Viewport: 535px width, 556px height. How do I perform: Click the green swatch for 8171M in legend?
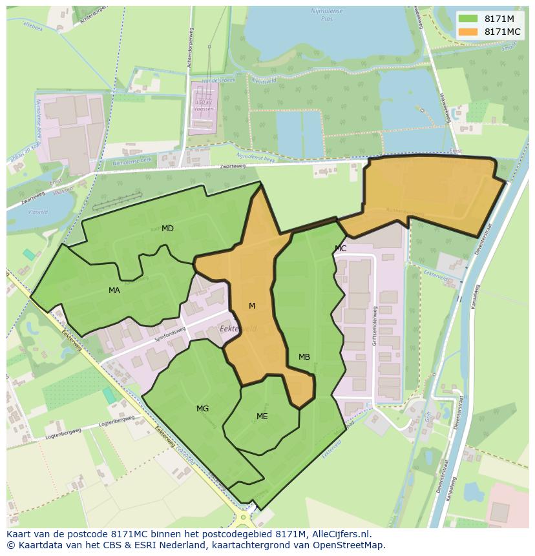(469, 19)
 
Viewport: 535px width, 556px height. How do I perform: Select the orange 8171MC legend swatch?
(469, 32)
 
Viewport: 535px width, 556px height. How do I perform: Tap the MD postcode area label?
(167, 229)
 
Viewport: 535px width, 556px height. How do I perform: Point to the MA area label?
(114, 291)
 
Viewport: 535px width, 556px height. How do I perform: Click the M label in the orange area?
(252, 306)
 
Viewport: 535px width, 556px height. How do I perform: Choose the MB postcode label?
(304, 357)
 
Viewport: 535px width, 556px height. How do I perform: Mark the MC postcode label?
(341, 249)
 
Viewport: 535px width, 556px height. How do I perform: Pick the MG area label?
(202, 409)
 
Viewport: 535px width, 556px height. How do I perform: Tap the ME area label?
(262, 417)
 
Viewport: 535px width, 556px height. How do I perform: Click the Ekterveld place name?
(238, 329)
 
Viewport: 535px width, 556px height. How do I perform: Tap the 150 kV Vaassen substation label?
(204, 105)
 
